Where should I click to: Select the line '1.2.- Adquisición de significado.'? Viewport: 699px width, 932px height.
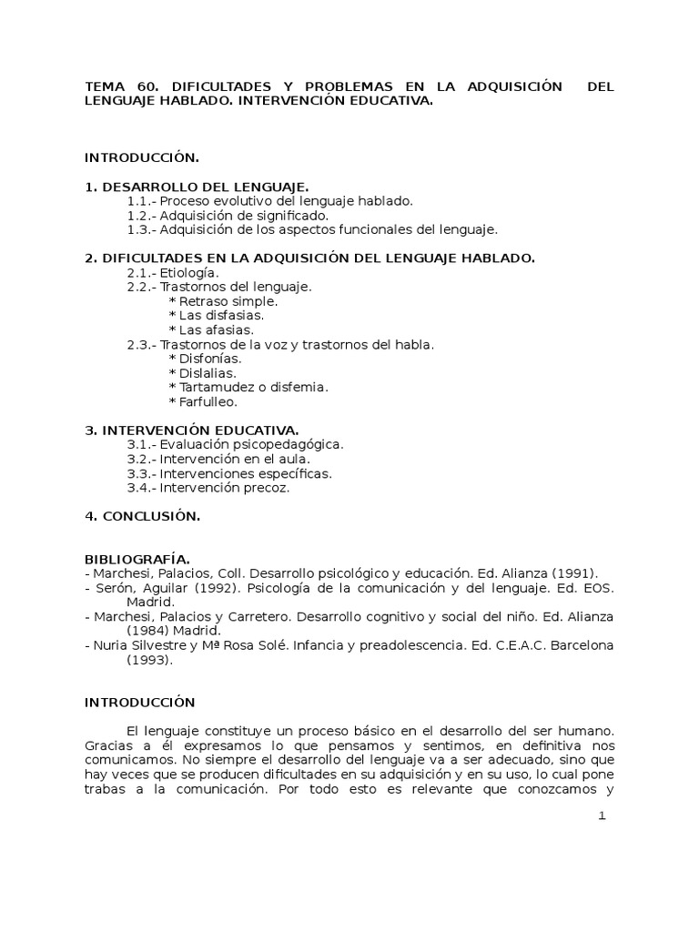[x=227, y=216]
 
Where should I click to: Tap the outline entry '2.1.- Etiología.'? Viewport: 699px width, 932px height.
[x=173, y=272]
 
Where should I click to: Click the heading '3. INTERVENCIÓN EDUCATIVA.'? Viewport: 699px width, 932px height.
[x=192, y=430]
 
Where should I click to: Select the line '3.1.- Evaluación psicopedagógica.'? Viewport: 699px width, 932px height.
[x=235, y=444]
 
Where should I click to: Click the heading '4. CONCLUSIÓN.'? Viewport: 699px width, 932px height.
[x=142, y=516]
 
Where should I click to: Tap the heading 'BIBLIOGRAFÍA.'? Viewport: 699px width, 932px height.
[x=137, y=559]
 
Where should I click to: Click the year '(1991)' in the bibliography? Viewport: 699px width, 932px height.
[x=577, y=573]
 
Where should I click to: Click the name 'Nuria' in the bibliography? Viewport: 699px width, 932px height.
[x=112, y=646]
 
